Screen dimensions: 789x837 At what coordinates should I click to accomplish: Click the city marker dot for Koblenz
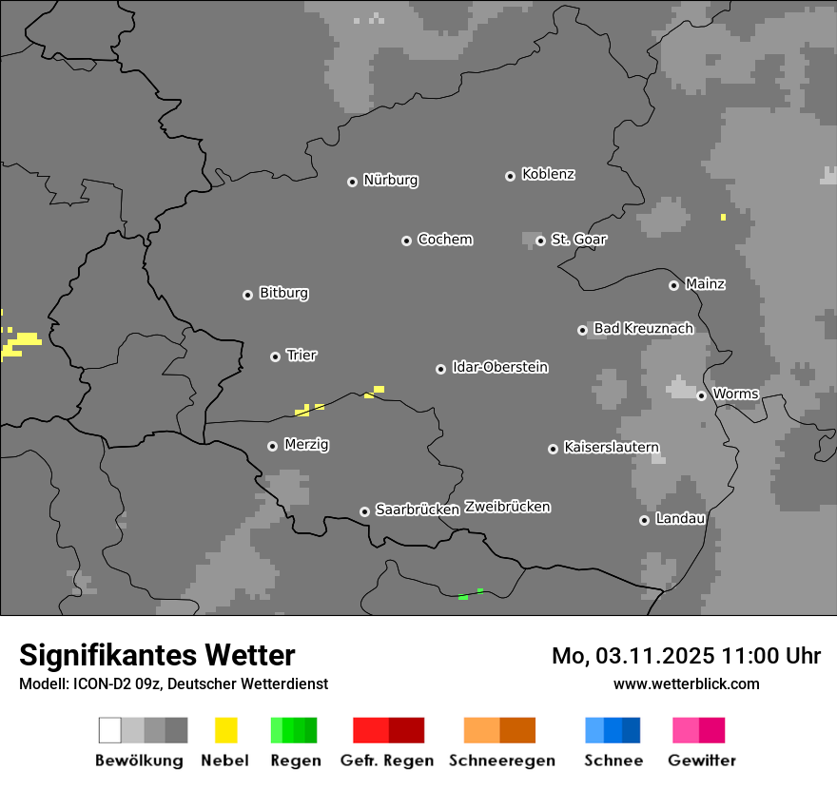point(510,176)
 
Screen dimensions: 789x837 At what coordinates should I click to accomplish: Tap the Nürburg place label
point(391,180)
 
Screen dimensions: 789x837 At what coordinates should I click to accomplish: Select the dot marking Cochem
point(406,241)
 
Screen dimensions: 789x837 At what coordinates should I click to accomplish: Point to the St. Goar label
point(578,240)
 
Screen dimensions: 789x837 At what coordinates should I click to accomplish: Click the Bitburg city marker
point(247,295)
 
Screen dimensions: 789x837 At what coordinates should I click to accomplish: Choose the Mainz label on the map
point(705,284)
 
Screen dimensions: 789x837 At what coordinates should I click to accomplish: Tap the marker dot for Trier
point(275,356)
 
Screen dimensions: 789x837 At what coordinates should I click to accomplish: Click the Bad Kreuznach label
point(643,329)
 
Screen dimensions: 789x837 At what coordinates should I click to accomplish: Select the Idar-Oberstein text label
point(500,367)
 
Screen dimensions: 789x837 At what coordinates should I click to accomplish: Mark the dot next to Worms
point(701,395)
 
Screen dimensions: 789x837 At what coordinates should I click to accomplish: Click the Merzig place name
point(306,445)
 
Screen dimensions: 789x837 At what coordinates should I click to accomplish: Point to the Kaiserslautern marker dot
point(553,449)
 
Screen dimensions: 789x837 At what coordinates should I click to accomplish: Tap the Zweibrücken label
point(507,507)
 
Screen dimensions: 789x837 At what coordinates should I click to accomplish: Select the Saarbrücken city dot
point(364,511)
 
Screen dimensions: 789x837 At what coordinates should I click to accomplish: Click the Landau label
point(680,519)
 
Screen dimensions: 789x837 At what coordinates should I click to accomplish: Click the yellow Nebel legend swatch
point(225,730)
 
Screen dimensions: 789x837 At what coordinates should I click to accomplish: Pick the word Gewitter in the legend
point(702,760)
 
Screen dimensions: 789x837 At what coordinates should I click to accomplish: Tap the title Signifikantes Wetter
point(157,655)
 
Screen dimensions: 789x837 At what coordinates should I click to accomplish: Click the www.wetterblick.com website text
point(686,683)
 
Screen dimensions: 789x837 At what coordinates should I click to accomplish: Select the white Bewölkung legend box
point(110,730)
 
